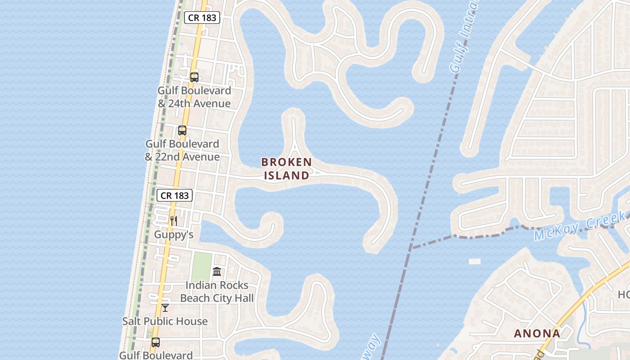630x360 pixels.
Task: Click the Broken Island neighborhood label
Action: [287, 168]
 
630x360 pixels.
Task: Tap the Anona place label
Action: [537, 333]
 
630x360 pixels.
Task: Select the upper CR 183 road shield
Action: [202, 18]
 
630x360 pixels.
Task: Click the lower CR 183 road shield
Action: [175, 195]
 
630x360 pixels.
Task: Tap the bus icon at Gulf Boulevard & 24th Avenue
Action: [194, 77]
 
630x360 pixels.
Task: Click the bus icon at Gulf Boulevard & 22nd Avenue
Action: [182, 130]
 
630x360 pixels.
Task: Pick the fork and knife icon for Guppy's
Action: [174, 220]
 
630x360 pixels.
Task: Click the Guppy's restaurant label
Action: [174, 234]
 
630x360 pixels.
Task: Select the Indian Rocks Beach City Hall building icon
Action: [217, 271]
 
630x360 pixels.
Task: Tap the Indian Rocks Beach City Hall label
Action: [217, 292]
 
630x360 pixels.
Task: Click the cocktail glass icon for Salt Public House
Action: [165, 307]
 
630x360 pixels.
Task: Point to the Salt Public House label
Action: [165, 321]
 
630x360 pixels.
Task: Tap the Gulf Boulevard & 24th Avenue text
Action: [194, 97]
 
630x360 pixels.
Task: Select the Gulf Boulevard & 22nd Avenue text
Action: [182, 150]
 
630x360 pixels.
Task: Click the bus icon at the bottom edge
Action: [155, 342]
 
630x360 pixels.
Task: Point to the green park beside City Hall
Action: [202, 266]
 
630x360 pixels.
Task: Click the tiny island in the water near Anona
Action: [474, 261]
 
